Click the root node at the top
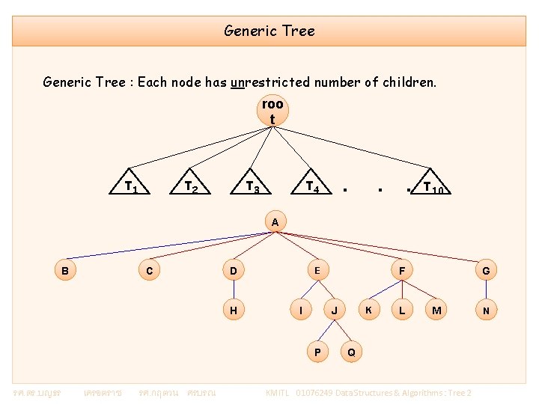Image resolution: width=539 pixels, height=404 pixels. pyautogui.click(x=272, y=111)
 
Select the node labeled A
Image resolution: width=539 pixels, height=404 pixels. pyautogui.click(x=275, y=222)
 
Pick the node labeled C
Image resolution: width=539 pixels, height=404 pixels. pyautogui.click(x=150, y=271)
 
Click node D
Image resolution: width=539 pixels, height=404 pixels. pyautogui.click(x=234, y=271)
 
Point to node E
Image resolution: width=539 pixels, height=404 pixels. pyautogui.click(x=317, y=269)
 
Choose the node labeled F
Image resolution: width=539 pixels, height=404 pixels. pyautogui.click(x=402, y=271)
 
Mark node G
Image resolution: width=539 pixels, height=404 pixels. pyautogui.click(x=486, y=271)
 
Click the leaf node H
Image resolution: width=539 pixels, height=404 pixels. pyautogui.click(x=234, y=310)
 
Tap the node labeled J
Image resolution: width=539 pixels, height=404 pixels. pyautogui.click(x=334, y=310)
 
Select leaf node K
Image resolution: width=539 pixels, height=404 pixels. pyautogui.click(x=368, y=310)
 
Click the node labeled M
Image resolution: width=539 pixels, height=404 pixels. pyautogui.click(x=436, y=310)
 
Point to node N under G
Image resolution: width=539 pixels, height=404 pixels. pyautogui.click(x=486, y=310)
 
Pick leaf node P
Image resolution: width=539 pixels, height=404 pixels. pyautogui.click(x=317, y=352)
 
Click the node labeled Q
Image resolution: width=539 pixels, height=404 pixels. pyautogui.click(x=351, y=352)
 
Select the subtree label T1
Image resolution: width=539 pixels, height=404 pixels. pyautogui.click(x=132, y=186)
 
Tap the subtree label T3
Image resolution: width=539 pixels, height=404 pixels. pyautogui.click(x=254, y=186)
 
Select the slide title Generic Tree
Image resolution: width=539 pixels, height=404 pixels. pyautogui.click(x=269, y=31)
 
